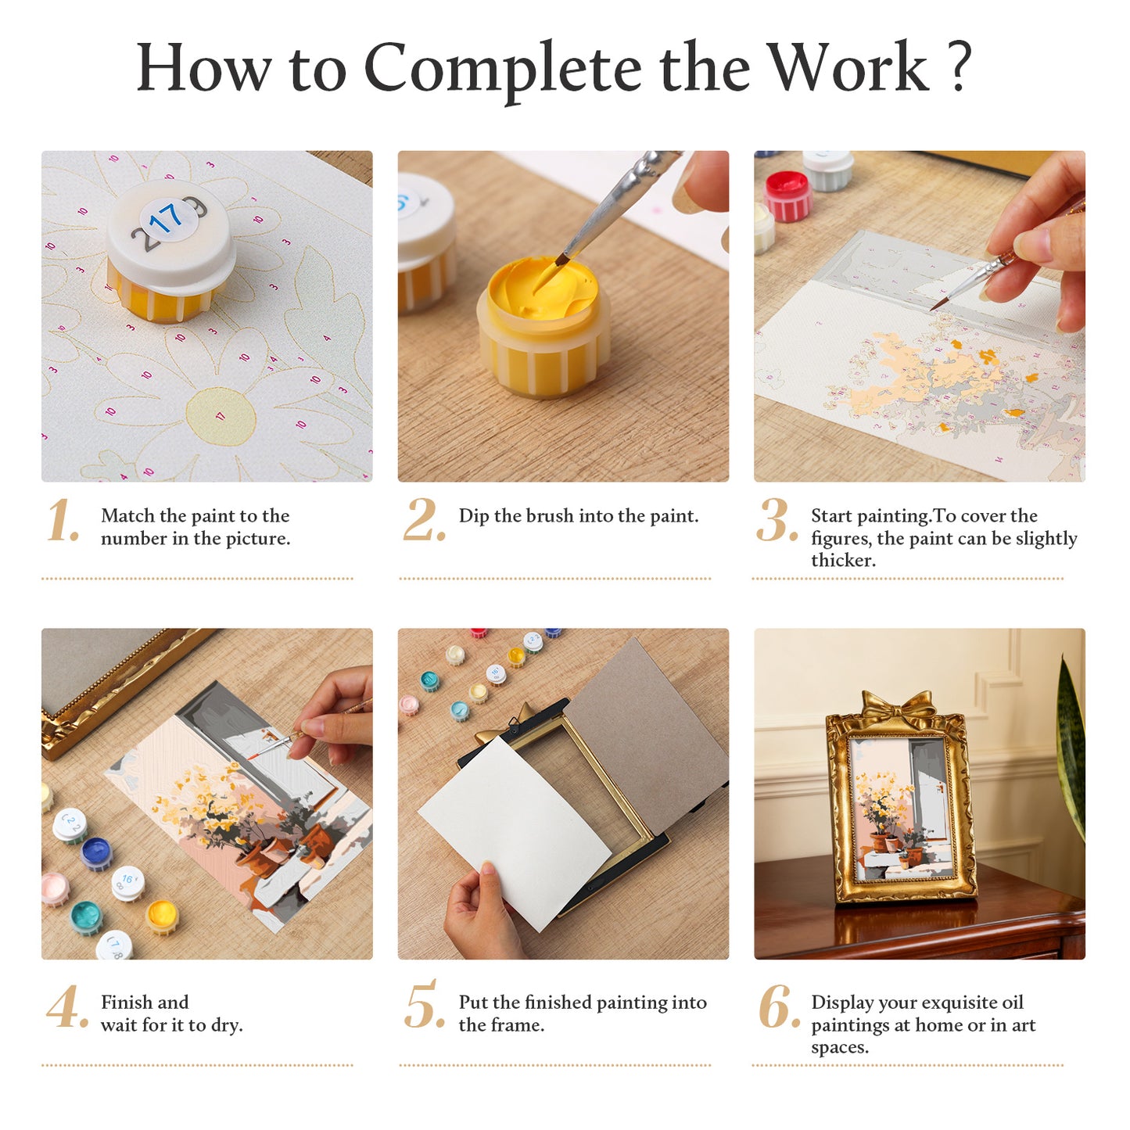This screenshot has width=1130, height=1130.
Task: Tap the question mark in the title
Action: tap(959, 66)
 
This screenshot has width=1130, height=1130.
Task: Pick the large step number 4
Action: tap(67, 1006)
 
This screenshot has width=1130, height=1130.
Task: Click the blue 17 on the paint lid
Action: tap(167, 218)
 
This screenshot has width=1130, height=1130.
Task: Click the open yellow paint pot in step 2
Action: tap(543, 327)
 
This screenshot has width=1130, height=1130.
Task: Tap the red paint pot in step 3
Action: tap(788, 195)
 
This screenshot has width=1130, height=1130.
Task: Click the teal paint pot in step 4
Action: tap(86, 918)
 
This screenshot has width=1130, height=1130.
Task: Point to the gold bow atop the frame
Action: tap(895, 708)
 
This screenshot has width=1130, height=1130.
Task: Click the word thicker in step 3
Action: tap(843, 561)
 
